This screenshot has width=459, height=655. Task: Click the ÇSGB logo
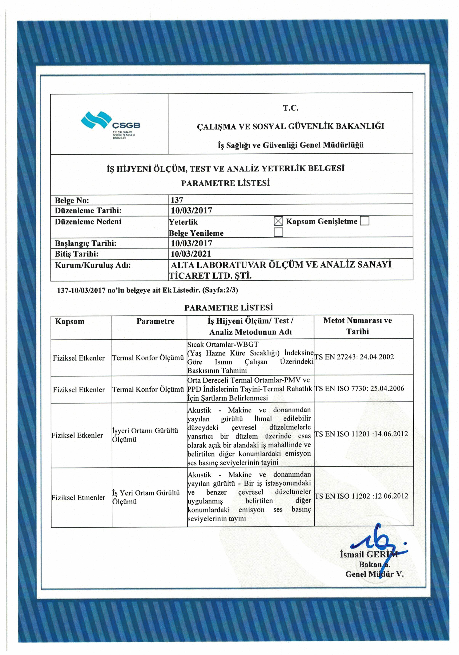[x=110, y=124]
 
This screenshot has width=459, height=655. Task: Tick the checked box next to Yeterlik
[x=278, y=221]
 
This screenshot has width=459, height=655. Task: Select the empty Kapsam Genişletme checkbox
[x=364, y=221]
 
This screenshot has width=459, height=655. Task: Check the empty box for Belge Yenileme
[x=278, y=232]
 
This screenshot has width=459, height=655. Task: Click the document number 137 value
[x=177, y=200]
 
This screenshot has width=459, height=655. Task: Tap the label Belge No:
[x=72, y=200]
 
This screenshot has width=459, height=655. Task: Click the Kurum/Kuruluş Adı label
[x=93, y=265]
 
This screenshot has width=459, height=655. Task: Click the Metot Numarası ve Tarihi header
[x=357, y=326]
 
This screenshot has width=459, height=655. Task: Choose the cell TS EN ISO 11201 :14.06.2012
[x=361, y=434]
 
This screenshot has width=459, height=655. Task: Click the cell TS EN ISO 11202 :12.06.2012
[x=361, y=496]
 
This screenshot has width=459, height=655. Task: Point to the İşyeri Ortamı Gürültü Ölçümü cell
[x=145, y=435]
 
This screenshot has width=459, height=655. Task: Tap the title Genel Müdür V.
[x=374, y=574]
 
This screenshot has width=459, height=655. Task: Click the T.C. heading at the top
[x=290, y=108]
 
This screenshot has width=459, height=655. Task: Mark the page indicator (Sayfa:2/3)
[x=220, y=290]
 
